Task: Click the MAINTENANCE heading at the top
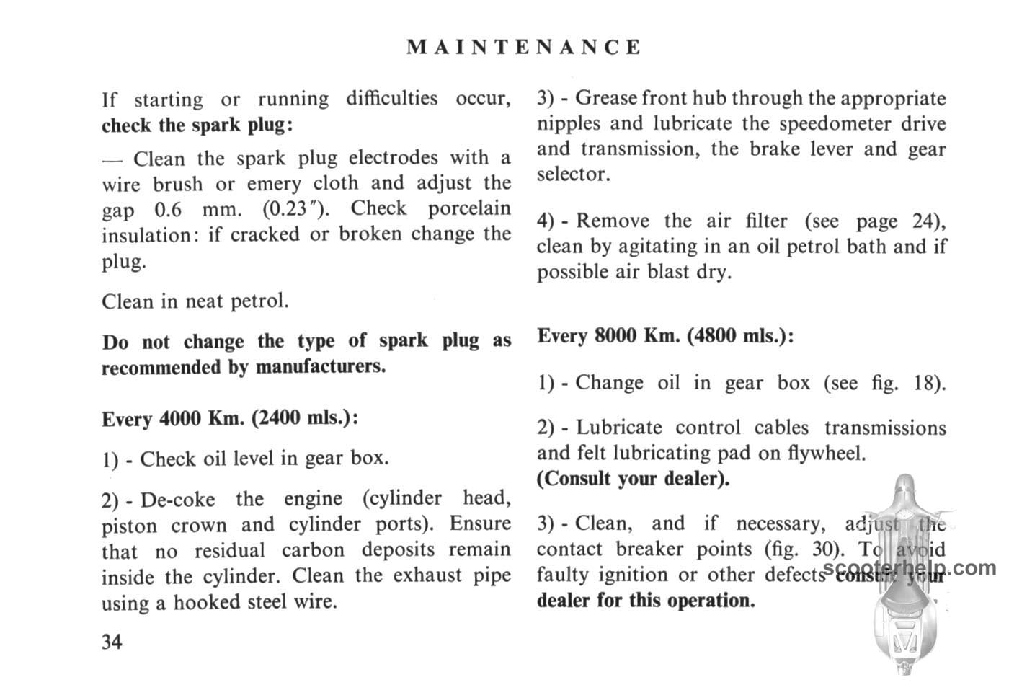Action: (x=523, y=48)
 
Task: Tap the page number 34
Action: (x=112, y=641)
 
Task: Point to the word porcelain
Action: (x=469, y=209)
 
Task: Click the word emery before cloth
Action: (x=274, y=184)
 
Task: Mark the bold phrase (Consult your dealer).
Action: (x=633, y=479)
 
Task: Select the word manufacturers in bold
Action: (x=321, y=367)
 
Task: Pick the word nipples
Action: (x=568, y=124)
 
